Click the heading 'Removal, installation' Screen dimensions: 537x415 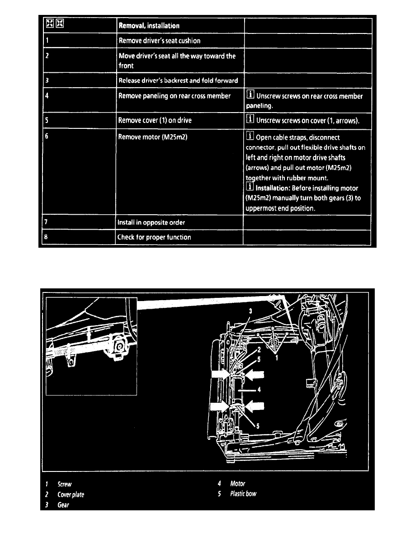tap(149, 26)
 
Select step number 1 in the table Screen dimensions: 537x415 tap(47, 41)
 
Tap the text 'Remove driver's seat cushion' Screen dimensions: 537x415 tap(159, 41)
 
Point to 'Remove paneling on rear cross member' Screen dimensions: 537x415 tap(174, 96)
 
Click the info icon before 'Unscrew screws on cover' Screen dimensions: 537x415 tap(250, 120)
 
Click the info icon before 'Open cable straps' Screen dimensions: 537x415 tap(250, 137)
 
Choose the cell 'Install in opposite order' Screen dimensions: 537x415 tap(151, 222)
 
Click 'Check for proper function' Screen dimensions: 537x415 tap(155, 237)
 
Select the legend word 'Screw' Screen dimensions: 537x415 tap(65, 485)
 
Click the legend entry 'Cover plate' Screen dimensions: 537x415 tap(71, 495)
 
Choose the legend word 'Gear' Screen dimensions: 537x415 tap(63, 505)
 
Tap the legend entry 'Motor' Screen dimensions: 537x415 tap(237, 484)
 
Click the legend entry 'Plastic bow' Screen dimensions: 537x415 tap(243, 494)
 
